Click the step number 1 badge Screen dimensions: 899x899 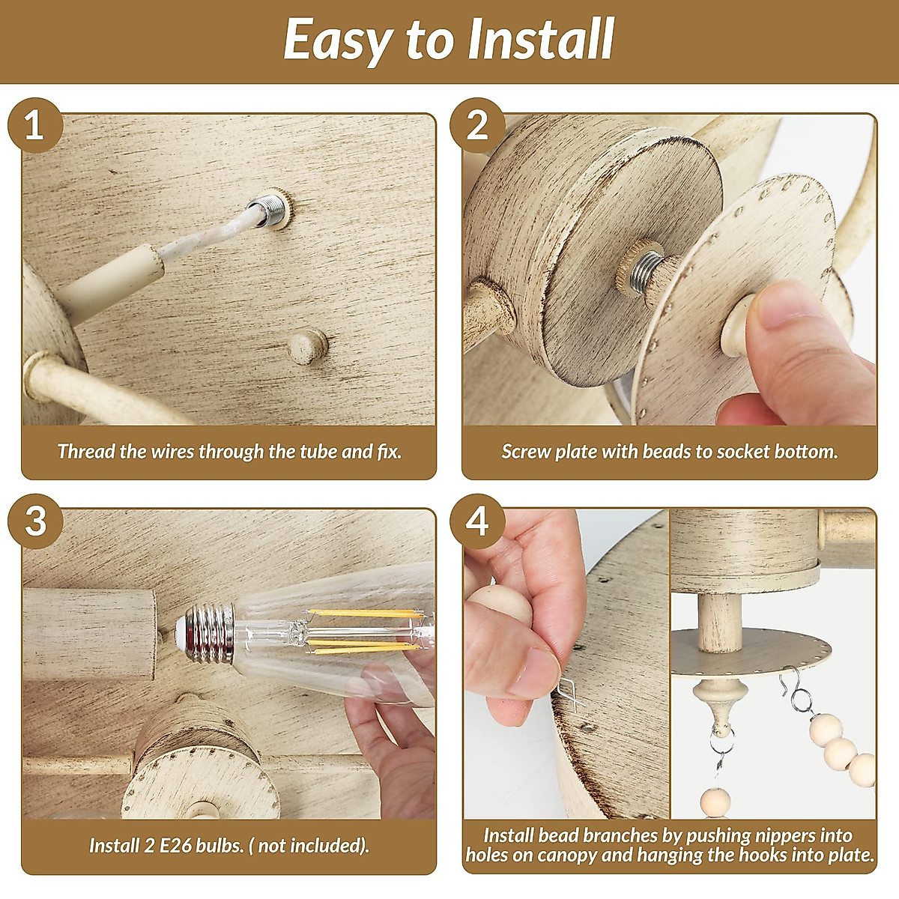[35, 125]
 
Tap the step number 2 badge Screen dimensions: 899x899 [477, 125]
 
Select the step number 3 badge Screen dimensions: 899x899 [35, 521]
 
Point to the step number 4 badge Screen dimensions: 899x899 [477, 521]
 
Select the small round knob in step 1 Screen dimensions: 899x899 [308, 346]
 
